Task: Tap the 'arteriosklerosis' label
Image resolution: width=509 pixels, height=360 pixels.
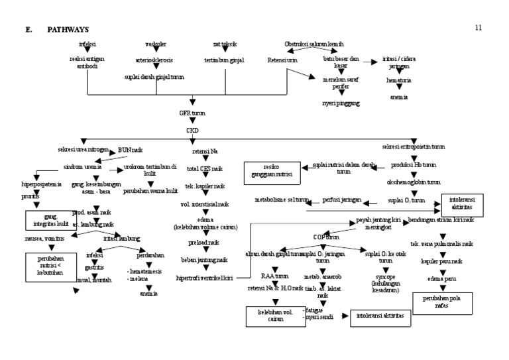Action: pyautogui.click(x=154, y=60)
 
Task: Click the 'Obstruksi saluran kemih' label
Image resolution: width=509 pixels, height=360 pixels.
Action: pyautogui.click(x=313, y=44)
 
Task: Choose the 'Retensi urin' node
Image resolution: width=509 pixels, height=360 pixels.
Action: pyautogui.click(x=282, y=60)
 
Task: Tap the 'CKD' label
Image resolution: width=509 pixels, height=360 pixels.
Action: pyautogui.click(x=192, y=131)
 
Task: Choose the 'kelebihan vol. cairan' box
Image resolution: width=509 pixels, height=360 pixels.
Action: pyautogui.click(x=270, y=315)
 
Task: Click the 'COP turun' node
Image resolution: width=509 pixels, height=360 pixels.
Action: pyautogui.click(x=326, y=236)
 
